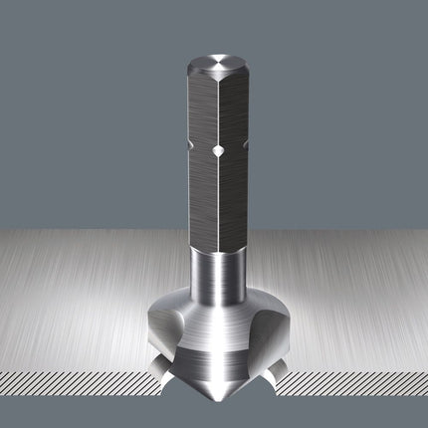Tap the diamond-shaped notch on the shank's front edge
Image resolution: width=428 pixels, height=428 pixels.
pos(215,151)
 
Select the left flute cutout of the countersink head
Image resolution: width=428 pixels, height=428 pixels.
pos(169,334)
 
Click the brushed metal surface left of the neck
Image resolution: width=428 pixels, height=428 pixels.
pos(90,289)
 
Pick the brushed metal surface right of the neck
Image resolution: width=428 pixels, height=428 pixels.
pos(338,289)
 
